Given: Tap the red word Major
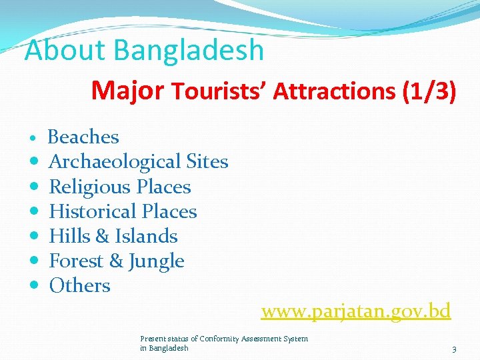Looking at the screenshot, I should (x=127, y=90).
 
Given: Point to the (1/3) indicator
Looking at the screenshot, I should (x=429, y=91).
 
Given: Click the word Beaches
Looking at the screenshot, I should (x=83, y=137).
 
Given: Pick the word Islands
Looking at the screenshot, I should (x=146, y=236).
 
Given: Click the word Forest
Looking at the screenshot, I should (x=76, y=261).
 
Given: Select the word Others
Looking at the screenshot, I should (x=79, y=285).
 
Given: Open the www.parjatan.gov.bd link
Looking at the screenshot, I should (x=356, y=311).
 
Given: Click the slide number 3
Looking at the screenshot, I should (x=454, y=349).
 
